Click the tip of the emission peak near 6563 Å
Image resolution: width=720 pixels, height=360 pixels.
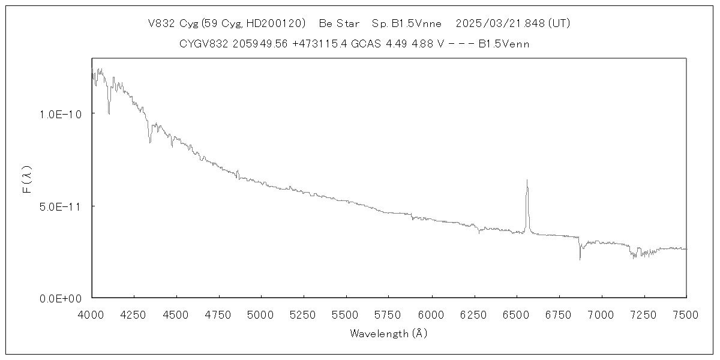pos(527,179)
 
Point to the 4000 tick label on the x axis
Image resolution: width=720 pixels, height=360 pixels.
pos(91,314)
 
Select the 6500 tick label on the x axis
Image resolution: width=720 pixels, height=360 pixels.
pos(516,314)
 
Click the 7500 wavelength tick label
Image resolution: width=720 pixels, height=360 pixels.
pos(686,314)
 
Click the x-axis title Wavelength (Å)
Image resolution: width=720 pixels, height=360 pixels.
pos(388,334)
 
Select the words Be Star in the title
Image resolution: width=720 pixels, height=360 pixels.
pos(339,23)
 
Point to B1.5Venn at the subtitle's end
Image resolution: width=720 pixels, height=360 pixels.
pos(504,44)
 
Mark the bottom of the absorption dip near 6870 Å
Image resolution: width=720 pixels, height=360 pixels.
pos(580,259)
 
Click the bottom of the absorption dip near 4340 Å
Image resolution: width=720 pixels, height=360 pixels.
pos(149,142)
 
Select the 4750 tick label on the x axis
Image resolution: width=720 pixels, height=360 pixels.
pos(219,314)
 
